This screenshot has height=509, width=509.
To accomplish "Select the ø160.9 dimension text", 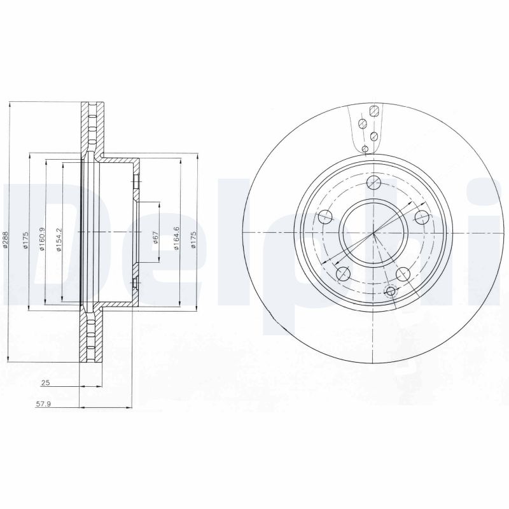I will point(41,239).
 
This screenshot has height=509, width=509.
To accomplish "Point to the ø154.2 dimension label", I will point(58,239).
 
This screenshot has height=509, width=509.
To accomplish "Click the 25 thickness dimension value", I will point(45,383).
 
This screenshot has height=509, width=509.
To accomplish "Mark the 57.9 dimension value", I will point(44,403).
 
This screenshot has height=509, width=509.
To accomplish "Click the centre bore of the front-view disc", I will point(373,232).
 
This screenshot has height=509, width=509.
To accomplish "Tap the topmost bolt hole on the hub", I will point(374,185).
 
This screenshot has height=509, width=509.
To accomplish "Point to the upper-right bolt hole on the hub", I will point(421,218).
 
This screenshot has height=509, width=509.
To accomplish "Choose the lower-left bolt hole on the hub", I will point(343,274).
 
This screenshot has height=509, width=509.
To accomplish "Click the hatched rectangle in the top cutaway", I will point(375,111).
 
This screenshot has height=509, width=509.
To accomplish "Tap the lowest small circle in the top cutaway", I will point(365,148).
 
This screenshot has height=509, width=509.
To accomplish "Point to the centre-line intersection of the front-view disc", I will point(374,232).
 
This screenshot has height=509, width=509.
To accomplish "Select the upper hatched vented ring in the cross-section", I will point(90,127).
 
